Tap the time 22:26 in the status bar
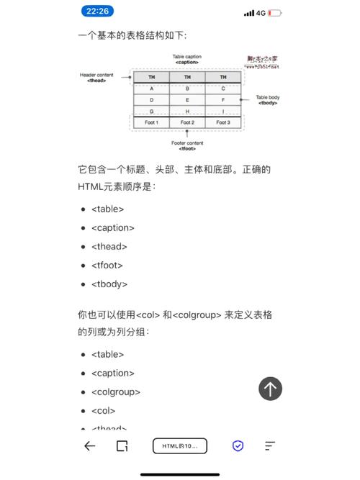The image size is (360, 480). [x=96, y=12]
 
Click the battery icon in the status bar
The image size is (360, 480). [x=274, y=12]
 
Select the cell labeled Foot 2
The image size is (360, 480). [x=187, y=123]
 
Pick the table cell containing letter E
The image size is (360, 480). [x=187, y=100]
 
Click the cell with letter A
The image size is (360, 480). [x=152, y=89]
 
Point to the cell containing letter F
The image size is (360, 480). [x=223, y=100]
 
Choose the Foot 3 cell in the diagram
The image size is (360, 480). [x=223, y=123]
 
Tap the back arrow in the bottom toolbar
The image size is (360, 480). [x=89, y=446]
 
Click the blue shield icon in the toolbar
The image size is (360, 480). [x=238, y=446]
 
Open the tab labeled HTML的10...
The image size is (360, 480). [x=179, y=446]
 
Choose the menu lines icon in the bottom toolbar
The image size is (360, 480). [x=270, y=446]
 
